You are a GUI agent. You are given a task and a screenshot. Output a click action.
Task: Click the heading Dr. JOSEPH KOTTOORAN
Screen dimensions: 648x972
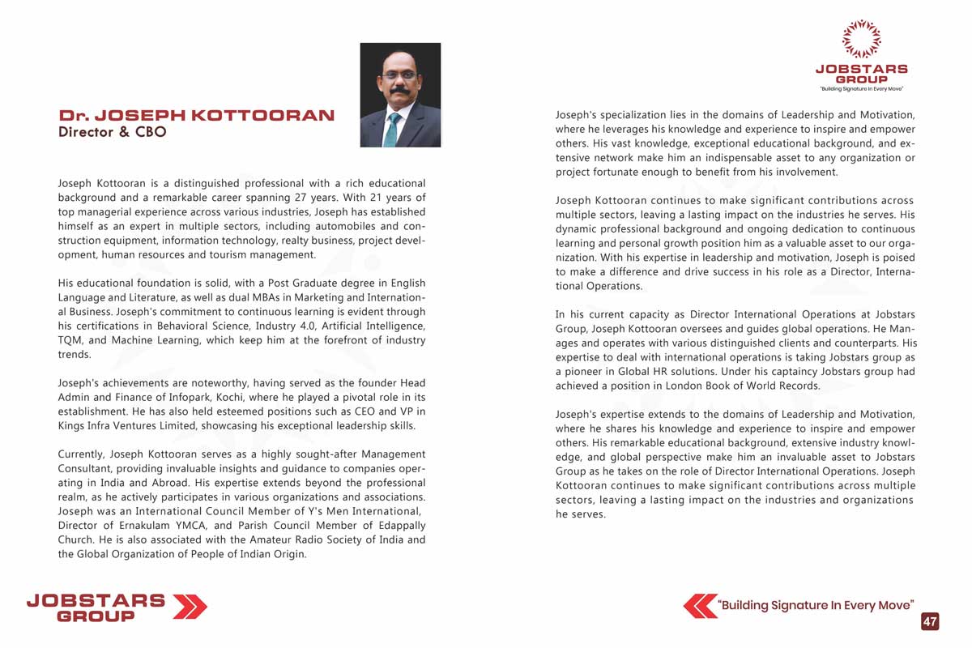click(x=197, y=115)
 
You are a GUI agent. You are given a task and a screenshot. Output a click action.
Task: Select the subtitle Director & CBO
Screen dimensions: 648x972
click(x=112, y=132)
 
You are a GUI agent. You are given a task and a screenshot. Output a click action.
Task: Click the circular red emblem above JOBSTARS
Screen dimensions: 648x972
click(x=861, y=39)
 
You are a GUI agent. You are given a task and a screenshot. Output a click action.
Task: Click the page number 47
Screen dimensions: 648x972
click(x=930, y=621)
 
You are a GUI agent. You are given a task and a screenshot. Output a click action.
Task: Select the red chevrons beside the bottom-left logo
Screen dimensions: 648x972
click(x=190, y=606)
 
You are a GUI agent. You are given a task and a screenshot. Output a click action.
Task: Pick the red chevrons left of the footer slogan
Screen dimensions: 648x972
click(x=700, y=606)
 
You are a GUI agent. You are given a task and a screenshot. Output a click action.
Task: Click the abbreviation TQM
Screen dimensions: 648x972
click(x=70, y=340)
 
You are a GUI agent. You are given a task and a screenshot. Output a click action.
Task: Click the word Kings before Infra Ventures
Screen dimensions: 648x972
click(x=72, y=426)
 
